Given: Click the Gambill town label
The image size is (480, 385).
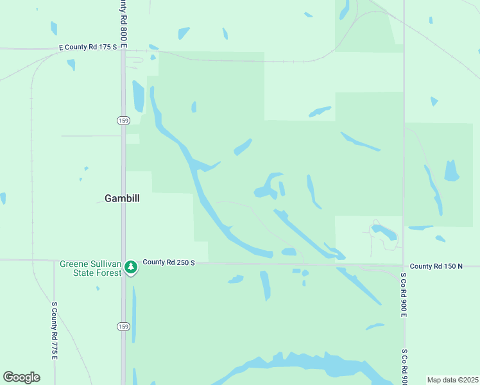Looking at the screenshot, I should (122, 199).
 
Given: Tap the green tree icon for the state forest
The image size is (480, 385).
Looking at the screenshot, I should (131, 267).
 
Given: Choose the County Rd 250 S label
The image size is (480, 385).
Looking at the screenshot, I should (168, 262).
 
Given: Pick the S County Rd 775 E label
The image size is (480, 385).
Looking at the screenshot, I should (55, 330).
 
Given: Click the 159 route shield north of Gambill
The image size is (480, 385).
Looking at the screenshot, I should (123, 121).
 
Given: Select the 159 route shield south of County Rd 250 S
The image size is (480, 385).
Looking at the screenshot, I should (123, 327).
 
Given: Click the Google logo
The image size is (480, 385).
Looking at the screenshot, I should (21, 377).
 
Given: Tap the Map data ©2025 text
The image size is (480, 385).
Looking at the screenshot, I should (452, 380).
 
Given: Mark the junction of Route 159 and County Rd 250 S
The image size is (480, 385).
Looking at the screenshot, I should (123, 261).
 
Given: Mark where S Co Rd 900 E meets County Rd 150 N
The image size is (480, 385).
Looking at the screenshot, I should (404, 265).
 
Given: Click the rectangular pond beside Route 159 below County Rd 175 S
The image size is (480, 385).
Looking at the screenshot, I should (138, 97).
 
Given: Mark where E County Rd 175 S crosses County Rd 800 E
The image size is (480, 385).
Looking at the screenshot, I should (123, 49).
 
